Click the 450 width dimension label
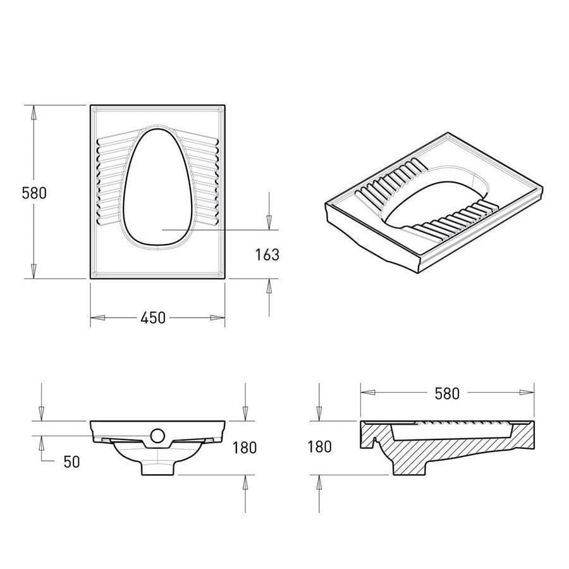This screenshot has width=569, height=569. (x=153, y=318)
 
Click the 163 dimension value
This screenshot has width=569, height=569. (x=267, y=255)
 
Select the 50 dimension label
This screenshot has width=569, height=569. (x=71, y=462)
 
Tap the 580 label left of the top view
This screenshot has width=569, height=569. (x=34, y=193)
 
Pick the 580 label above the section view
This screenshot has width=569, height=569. (x=447, y=394)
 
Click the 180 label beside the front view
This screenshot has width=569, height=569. (x=245, y=448)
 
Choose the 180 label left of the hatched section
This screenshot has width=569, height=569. (x=319, y=447)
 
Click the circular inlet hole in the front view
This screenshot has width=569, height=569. (x=158, y=436)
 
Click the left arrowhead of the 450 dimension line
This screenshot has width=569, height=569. (x=97, y=318)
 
